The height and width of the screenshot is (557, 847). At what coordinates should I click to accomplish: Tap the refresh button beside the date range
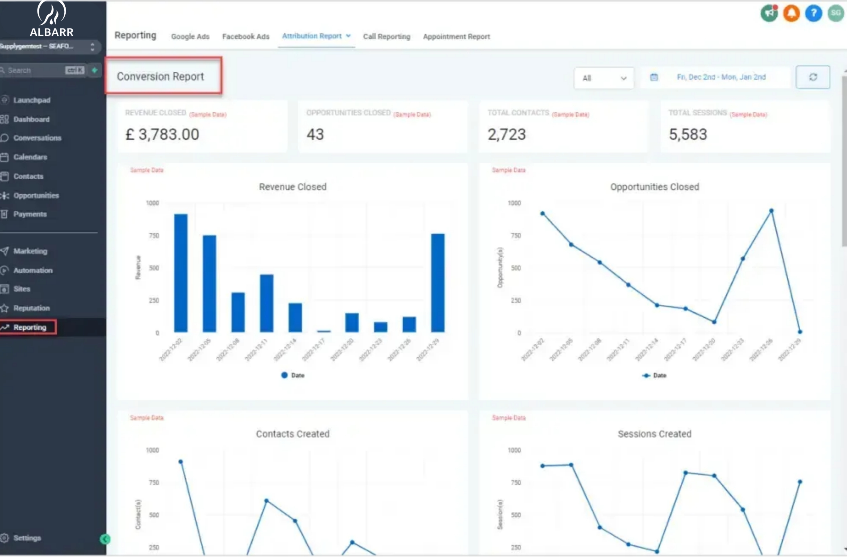tap(813, 77)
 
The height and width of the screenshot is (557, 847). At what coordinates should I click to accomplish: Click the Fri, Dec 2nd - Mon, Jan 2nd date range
tap(721, 77)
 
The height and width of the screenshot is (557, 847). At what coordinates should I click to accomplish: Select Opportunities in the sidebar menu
tap(36, 195)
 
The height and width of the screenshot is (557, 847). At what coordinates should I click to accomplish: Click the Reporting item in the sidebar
tap(30, 327)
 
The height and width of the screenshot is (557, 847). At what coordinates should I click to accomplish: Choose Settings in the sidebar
tap(27, 538)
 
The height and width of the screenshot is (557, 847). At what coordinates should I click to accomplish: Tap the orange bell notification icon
tap(791, 13)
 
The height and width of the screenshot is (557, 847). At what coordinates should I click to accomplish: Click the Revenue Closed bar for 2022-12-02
tap(181, 273)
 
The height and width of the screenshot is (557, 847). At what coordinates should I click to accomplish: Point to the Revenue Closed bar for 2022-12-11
tap(267, 303)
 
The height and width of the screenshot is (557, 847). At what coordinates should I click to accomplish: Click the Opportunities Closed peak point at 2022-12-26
tap(771, 211)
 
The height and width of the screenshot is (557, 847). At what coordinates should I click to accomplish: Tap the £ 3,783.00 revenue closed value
tap(162, 134)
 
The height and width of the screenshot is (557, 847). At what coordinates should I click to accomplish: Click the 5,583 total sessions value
tap(688, 134)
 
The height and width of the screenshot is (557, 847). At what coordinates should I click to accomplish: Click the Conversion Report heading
tap(160, 76)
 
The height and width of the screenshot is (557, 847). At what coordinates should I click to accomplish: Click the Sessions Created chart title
tap(655, 434)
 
